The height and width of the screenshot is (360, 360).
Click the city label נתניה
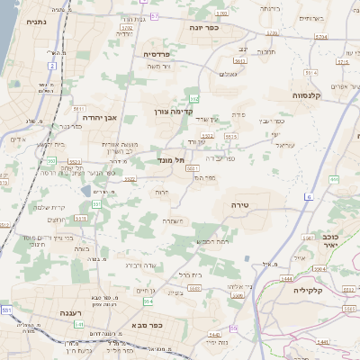pyautogui.click(x=37, y=22)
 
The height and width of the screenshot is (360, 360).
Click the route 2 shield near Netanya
pyautogui.click(x=53, y=66)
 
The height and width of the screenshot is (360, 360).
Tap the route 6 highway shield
pyautogui.click(x=309, y=196)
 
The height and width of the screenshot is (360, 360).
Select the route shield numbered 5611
pyautogui.click(x=78, y=108)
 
